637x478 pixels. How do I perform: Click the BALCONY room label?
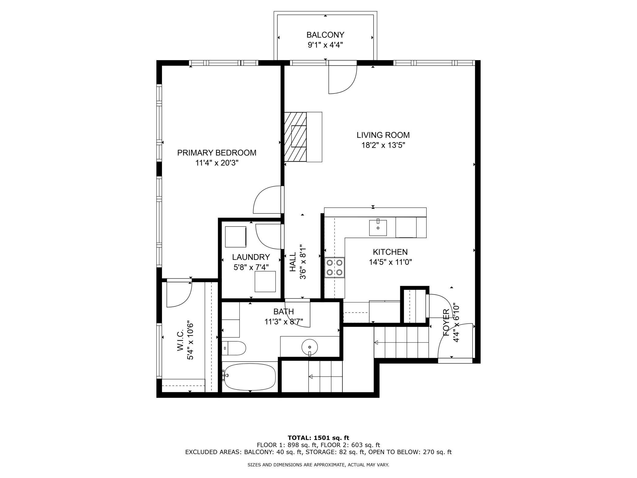click(x=325, y=35)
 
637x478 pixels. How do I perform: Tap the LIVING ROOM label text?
click(x=383, y=135)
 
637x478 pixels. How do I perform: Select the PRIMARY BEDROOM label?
click(x=217, y=153)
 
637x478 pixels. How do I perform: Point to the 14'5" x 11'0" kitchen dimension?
click(x=390, y=262)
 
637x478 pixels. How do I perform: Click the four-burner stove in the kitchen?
click(x=335, y=267)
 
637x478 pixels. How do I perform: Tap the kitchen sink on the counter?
click(x=378, y=227)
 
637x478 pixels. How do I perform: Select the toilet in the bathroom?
click(x=234, y=348)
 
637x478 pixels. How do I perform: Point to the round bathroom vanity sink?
click(x=310, y=347)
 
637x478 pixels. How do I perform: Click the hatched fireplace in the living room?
click(x=296, y=137)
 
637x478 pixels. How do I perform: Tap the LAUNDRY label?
click(x=251, y=257)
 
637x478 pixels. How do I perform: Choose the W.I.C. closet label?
click(x=180, y=340)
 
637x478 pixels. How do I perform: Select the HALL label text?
click(x=293, y=262)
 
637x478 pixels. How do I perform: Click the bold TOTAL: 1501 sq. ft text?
click(x=318, y=438)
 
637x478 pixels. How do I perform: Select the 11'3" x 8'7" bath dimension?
click(x=284, y=322)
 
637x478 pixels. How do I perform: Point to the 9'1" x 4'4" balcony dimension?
click(x=325, y=45)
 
